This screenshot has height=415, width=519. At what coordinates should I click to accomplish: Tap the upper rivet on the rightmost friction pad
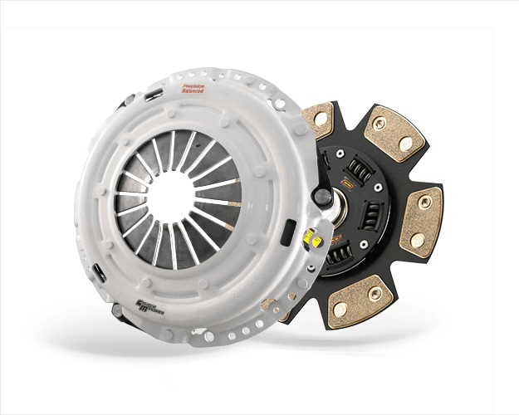(424, 202)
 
